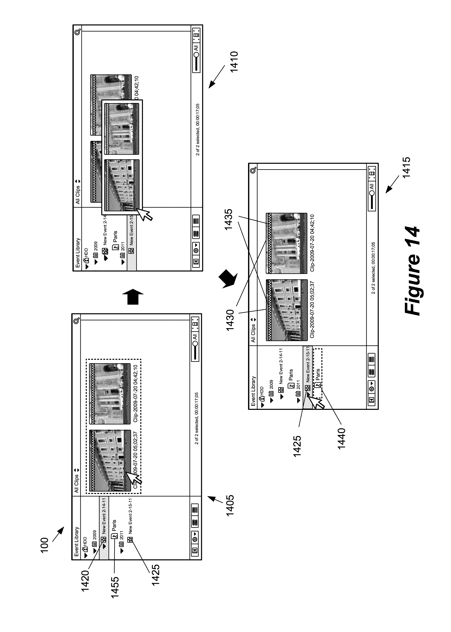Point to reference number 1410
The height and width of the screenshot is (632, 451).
[234, 61]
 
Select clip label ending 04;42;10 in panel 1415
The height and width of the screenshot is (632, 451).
[312, 243]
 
